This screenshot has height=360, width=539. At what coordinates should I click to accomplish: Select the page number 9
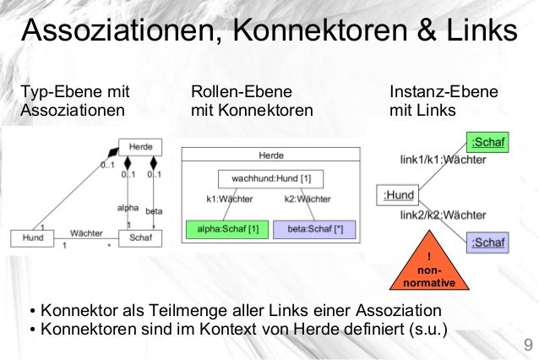(528, 345)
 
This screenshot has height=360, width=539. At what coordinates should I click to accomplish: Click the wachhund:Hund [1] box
(270, 179)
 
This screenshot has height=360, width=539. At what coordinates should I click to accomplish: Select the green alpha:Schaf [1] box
(222, 229)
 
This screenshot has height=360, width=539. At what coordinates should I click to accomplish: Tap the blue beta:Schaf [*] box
(314, 229)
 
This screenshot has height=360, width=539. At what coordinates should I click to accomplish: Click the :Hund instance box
(399, 195)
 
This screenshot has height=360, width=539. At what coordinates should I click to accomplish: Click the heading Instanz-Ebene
(443, 91)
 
